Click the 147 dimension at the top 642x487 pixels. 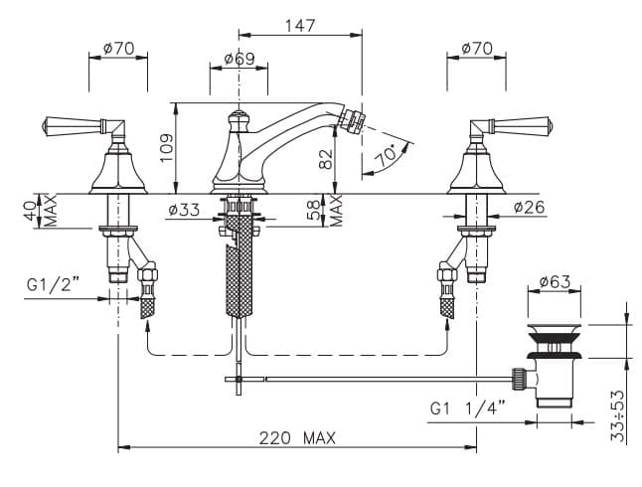pos(300,26)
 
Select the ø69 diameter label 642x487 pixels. pos(240,59)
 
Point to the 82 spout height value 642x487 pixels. pos(326,158)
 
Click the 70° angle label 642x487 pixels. pos(387,155)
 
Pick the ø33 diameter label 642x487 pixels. pos(184,210)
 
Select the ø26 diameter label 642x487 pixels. pos(530,207)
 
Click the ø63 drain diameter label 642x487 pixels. pos(555,281)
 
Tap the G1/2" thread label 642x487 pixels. pos(53,284)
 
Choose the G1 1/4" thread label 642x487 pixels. pos(467,407)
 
